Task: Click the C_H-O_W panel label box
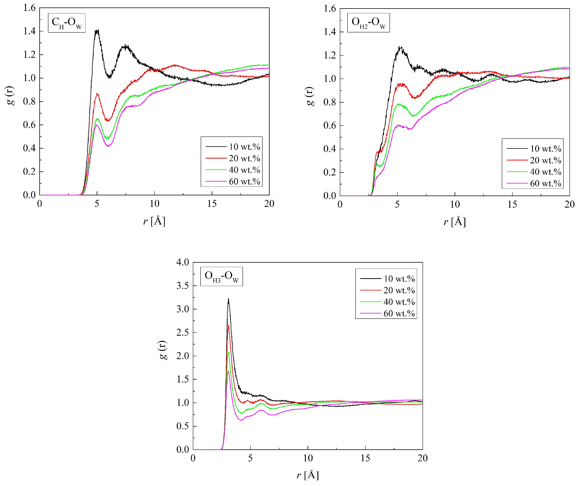click(66, 23)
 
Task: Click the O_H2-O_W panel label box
click(368, 23)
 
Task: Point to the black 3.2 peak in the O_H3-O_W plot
click(228, 299)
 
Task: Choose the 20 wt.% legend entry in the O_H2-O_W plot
click(534, 160)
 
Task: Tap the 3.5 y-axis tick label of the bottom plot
click(182, 286)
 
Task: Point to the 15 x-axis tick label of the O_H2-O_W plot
click(512, 204)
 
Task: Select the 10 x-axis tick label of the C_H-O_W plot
click(154, 204)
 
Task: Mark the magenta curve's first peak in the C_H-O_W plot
click(96, 125)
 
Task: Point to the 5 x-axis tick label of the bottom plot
click(250, 458)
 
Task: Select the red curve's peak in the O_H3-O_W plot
click(228, 326)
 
